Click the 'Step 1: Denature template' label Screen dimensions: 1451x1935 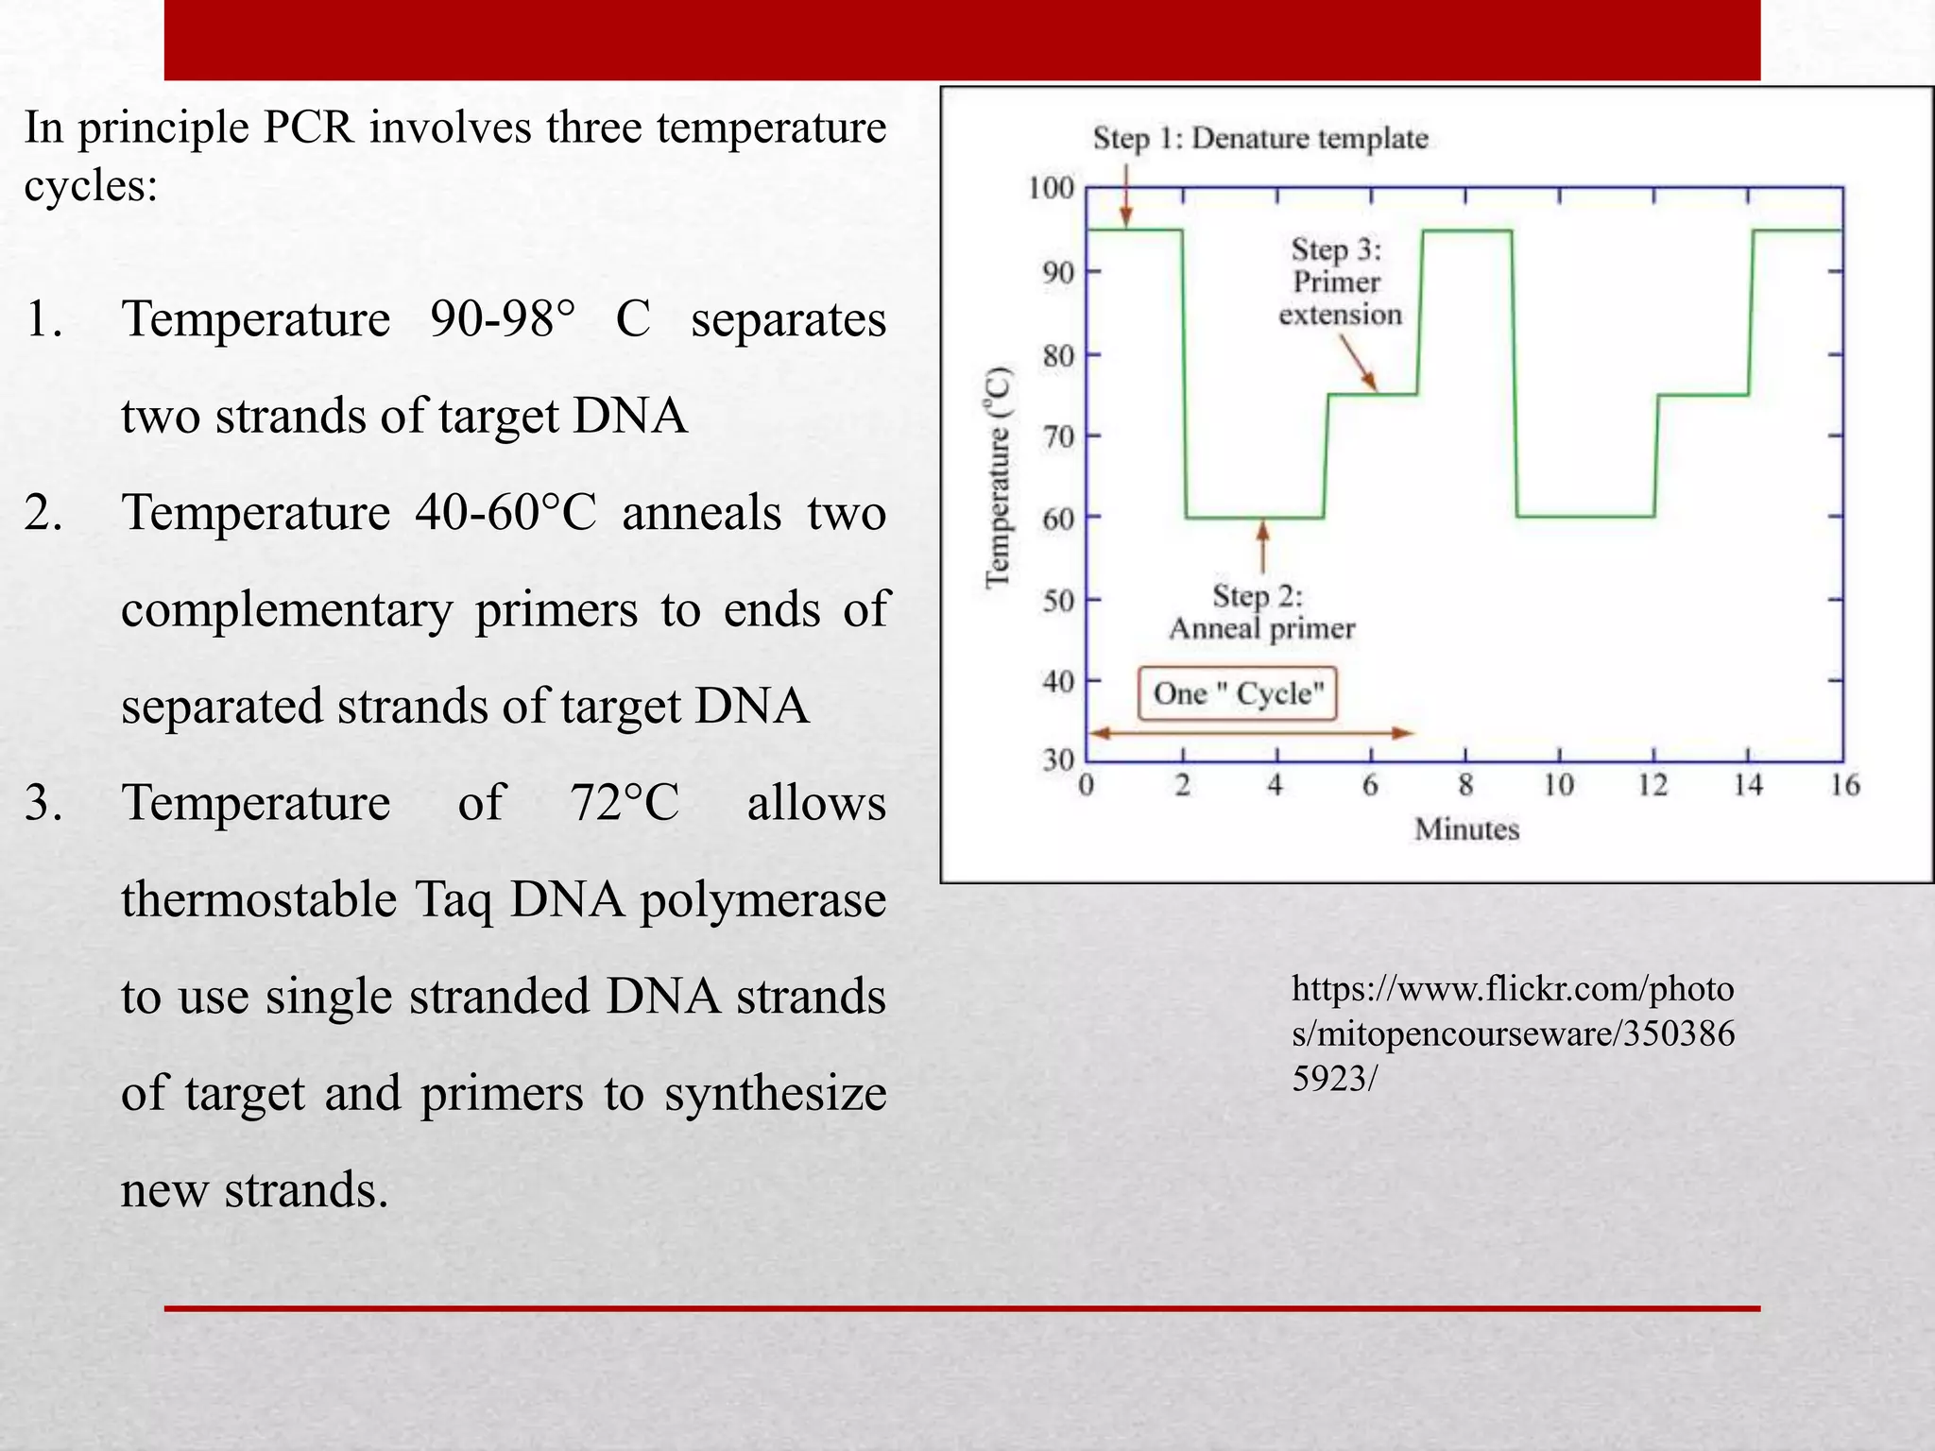click(x=1259, y=139)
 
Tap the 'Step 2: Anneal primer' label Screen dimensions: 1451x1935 click(x=1261, y=612)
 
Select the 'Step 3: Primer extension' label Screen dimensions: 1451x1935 click(x=1339, y=282)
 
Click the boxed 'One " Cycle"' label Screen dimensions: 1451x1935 click(x=1237, y=694)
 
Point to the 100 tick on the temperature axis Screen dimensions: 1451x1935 click(x=1052, y=188)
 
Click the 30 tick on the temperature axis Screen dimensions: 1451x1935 click(x=1059, y=760)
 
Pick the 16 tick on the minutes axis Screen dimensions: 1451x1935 click(x=1844, y=785)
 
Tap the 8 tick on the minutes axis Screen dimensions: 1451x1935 click(x=1465, y=785)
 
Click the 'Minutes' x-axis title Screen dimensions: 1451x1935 click(x=1466, y=829)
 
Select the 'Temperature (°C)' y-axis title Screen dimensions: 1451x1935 click(x=999, y=477)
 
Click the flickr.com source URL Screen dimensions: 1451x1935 click(x=1513, y=1033)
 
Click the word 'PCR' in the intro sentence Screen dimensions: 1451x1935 click(x=309, y=128)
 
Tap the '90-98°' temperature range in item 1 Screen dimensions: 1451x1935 click(x=502, y=319)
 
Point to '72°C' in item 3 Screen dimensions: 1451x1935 click(x=625, y=804)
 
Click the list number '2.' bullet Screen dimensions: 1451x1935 click(x=43, y=513)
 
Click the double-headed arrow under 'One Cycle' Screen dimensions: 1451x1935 click(x=1252, y=733)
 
